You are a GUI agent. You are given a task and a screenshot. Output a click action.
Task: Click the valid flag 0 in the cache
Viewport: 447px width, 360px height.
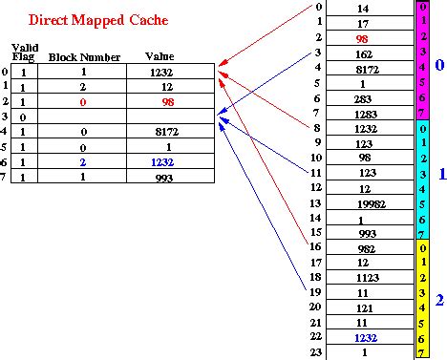(22, 116)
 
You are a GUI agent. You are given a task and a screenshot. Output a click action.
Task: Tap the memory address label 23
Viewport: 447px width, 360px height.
(316, 351)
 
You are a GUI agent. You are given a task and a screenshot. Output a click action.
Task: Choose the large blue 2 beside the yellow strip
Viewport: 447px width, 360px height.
(437, 299)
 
